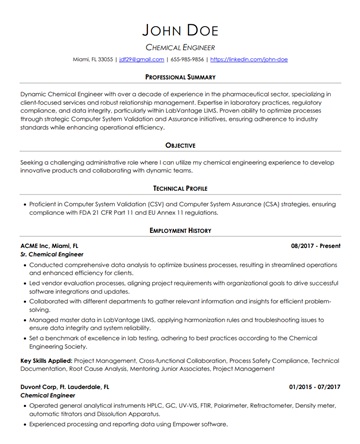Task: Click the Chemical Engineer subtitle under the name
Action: (180, 47)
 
